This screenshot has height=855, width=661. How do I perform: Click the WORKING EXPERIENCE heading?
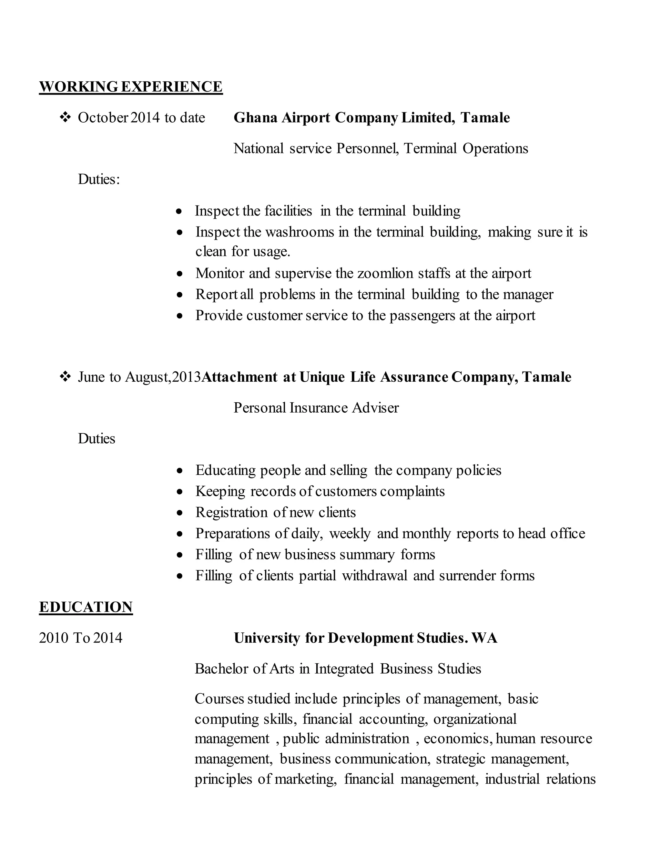coord(131,86)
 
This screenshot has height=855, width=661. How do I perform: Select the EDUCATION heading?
coord(86,607)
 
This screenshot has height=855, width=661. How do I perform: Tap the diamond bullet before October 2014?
coord(65,117)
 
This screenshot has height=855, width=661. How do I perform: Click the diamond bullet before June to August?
coord(65,377)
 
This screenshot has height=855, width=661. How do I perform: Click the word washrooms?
coord(300,232)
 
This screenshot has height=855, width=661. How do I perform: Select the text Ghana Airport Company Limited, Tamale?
coord(371,117)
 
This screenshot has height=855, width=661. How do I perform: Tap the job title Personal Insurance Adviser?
coord(316,408)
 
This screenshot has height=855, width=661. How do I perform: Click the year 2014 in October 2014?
coord(145,117)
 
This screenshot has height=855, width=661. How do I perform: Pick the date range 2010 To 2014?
coord(81,638)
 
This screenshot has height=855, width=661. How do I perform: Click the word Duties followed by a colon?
coord(99,179)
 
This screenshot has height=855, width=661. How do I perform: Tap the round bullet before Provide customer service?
coord(179,316)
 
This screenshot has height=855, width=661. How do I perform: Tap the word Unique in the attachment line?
coord(322,377)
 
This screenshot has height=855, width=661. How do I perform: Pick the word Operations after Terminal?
coord(495,148)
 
